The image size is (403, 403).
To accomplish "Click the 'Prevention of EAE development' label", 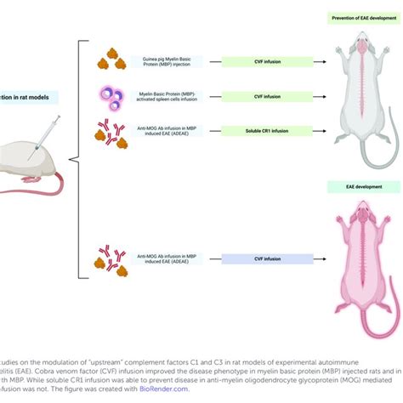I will click(356, 16).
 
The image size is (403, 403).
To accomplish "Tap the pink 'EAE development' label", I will click(356, 186).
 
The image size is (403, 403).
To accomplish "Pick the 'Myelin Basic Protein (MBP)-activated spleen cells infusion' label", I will click(162, 96).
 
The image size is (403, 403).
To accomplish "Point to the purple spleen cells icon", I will click(112, 95).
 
